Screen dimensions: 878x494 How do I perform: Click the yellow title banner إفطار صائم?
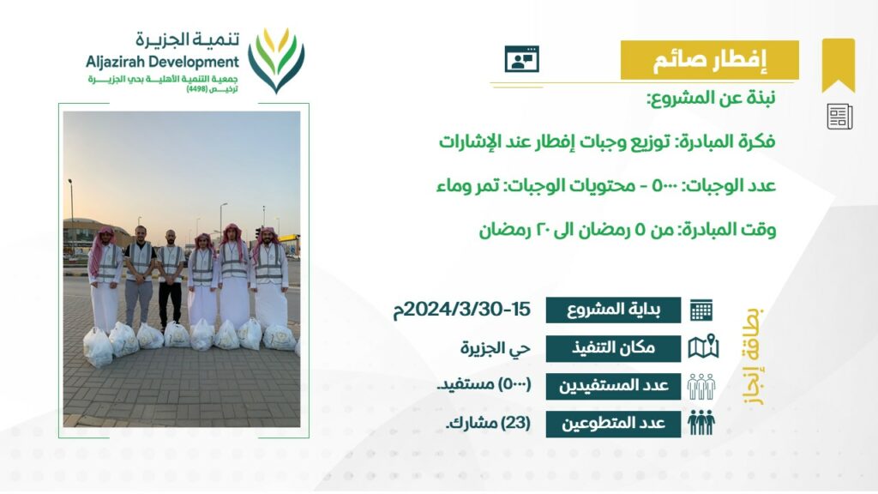tap(709, 60)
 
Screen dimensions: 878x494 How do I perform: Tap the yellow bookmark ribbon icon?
tap(839, 64)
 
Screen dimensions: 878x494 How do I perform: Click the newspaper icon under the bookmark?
tap(839, 117)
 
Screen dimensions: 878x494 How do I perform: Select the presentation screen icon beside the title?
tap(522, 59)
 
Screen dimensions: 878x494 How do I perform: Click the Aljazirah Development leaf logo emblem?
tap(276, 61)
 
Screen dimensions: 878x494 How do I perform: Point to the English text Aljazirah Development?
tap(162, 62)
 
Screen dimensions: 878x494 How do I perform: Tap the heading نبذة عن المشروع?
tap(711, 99)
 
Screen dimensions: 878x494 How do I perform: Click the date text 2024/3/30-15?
tap(462, 309)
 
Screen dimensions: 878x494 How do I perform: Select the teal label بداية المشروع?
tap(613, 310)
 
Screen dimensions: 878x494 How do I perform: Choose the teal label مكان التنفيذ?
tap(613, 348)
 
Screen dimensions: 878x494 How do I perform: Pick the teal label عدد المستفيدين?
tap(613, 386)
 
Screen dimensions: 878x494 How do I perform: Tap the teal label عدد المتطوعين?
tap(613, 424)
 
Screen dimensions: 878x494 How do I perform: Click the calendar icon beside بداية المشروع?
tap(701, 310)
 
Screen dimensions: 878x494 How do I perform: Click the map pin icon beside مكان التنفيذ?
tap(703, 346)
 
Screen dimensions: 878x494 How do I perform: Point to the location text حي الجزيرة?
tap(495, 348)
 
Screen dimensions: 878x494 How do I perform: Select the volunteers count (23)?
tap(515, 423)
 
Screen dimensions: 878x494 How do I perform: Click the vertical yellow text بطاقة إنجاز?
tap(753, 356)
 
